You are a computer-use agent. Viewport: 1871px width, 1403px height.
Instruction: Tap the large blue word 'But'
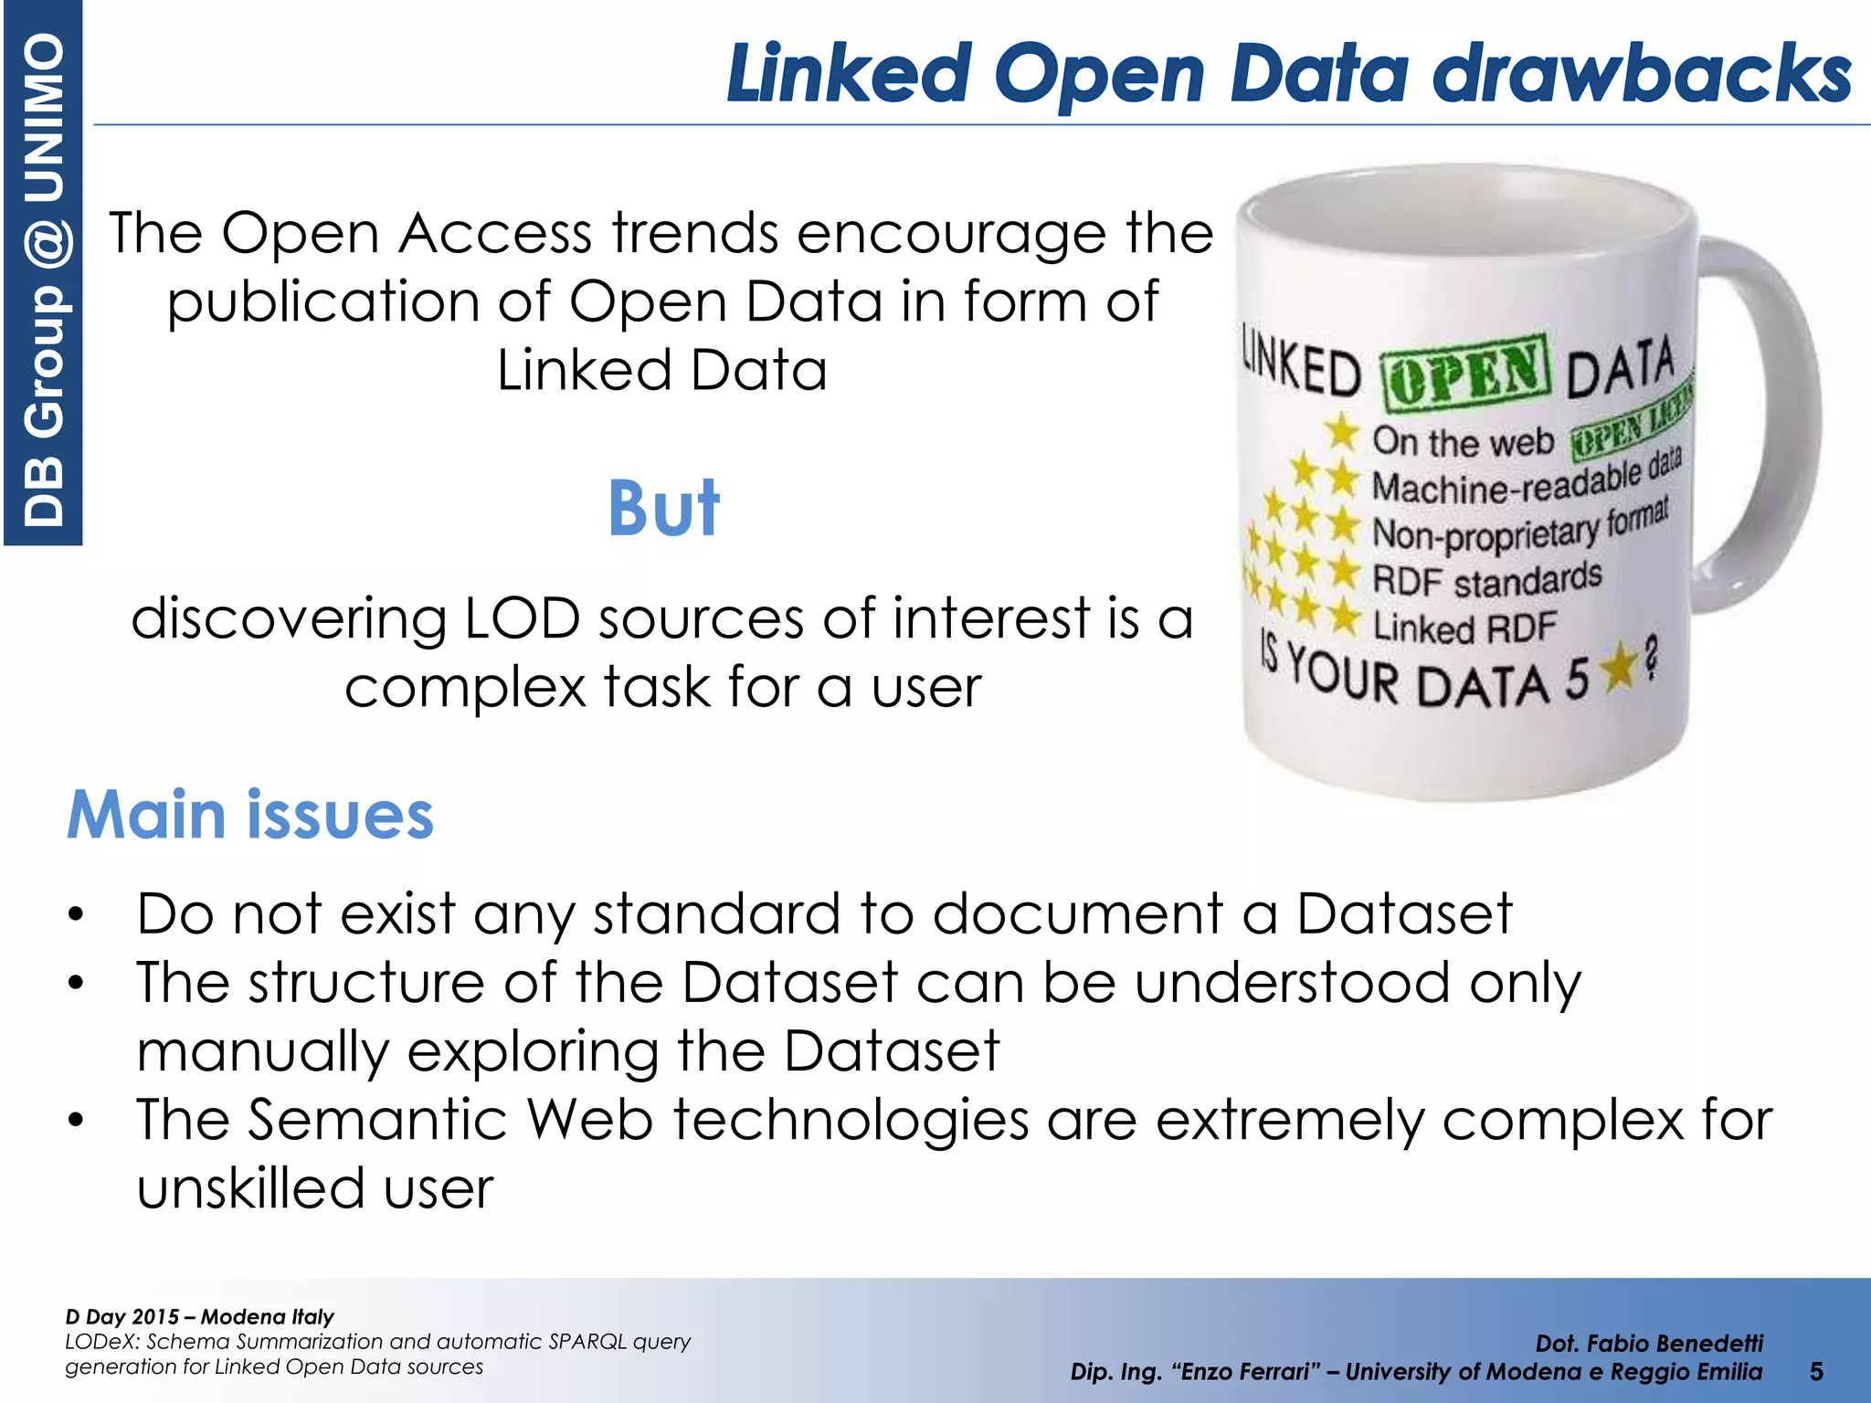664,509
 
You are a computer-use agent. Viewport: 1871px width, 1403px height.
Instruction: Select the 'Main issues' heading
250,815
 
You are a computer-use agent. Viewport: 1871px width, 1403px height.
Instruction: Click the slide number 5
1816,1371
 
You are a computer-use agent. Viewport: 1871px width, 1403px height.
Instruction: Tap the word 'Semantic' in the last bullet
376,1120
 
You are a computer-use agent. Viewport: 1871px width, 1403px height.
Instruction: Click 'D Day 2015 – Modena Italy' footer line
199,1316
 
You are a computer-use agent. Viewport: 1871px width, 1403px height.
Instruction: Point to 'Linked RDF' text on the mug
1464,628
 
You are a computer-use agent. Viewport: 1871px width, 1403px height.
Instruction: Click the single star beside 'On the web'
1342,431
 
